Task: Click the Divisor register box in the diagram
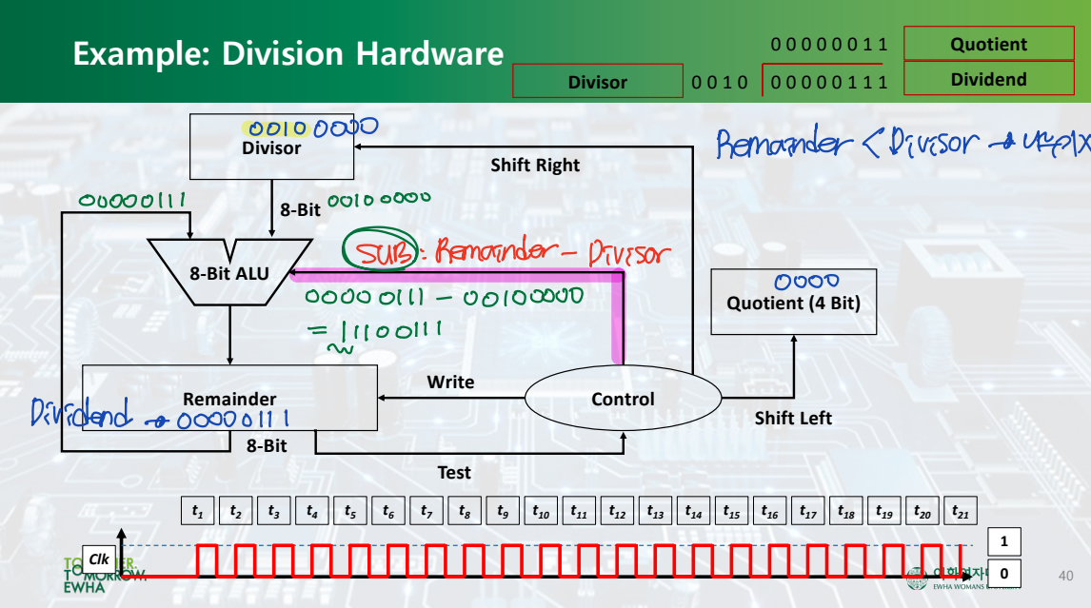271,147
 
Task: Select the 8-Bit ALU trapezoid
228,273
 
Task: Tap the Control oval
623,400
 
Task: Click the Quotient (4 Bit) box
794,302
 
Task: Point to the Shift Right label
535,165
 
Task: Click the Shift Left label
793,418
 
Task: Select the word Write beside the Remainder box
450,382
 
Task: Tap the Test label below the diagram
454,472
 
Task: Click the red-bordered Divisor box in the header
598,82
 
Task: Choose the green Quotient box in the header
989,45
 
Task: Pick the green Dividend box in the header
989,80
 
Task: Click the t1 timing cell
198,512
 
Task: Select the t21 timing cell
961,512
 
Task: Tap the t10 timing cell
541,512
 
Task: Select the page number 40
1065,575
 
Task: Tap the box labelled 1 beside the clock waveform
1003,541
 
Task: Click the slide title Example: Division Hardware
288,53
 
